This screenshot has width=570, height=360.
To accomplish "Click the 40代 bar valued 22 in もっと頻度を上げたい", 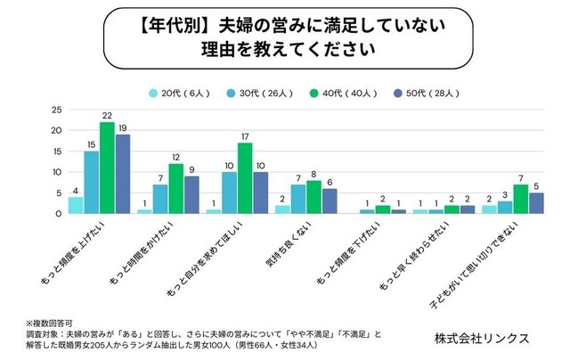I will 107,168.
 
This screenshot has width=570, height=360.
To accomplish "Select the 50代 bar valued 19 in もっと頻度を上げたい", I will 123,175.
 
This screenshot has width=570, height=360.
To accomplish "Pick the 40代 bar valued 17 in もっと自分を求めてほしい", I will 245,178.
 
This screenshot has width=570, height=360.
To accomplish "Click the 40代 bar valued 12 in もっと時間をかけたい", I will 176,189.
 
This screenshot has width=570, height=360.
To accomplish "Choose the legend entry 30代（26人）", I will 250,92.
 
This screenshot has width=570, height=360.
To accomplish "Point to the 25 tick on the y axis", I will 55,110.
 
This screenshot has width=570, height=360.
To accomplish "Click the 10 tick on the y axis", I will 55,172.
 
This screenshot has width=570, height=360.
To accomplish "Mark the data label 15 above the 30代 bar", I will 91,144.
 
